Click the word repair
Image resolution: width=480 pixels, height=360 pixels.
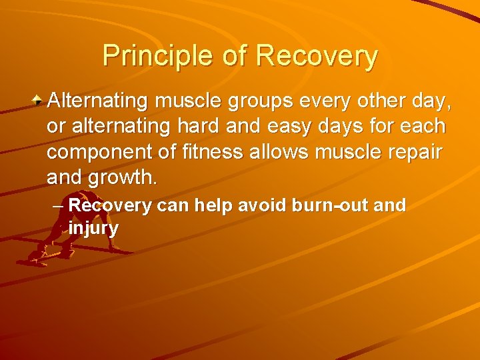(414, 152)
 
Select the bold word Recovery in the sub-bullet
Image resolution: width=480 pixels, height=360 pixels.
(111, 205)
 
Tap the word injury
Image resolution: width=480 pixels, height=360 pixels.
(93, 229)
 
